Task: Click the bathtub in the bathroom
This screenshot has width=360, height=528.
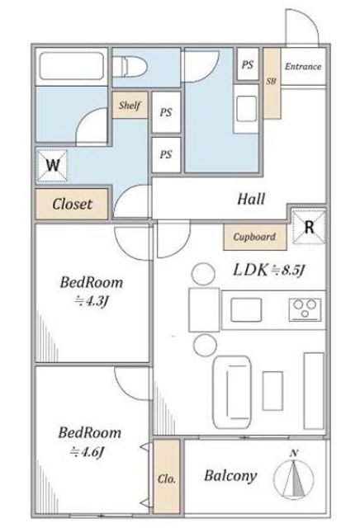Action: click(72, 66)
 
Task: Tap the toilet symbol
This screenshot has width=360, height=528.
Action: click(129, 67)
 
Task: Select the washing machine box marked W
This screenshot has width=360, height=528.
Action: click(52, 166)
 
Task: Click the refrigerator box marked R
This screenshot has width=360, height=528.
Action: click(309, 228)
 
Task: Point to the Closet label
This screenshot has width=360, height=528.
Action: click(72, 204)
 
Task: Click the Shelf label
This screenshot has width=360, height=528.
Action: click(130, 106)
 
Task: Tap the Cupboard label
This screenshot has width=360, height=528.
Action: click(254, 237)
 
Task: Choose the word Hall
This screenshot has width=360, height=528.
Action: click(251, 199)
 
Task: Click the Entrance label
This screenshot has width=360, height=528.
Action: click(303, 66)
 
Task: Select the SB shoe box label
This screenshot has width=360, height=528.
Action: click(272, 81)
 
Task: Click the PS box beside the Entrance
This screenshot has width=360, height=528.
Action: click(248, 64)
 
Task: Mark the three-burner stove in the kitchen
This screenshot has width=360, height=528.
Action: click(305, 309)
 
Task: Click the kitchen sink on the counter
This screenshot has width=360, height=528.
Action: click(246, 310)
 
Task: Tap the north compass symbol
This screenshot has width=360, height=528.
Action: click(294, 477)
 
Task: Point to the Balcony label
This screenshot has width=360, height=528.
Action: click(230, 476)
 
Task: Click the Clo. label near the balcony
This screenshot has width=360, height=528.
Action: click(167, 478)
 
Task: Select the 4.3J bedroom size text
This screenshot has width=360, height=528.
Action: click(91, 300)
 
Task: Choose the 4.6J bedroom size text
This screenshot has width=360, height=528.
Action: click(87, 452)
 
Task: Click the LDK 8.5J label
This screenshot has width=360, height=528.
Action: click(269, 270)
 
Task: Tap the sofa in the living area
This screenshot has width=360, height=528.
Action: click(232, 393)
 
